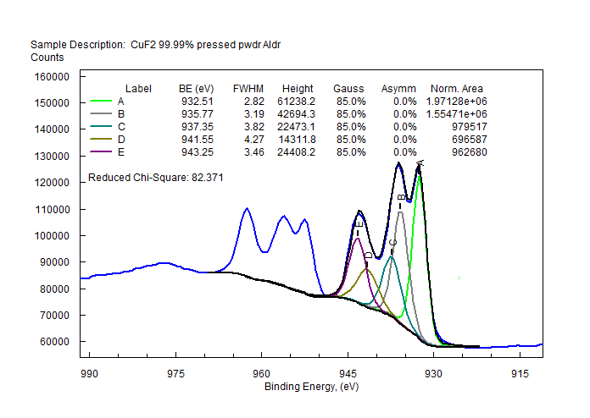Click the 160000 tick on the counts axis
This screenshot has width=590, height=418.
[x=52, y=76]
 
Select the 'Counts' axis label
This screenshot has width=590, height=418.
[x=47, y=58]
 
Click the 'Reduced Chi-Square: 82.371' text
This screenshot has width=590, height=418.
[x=155, y=179]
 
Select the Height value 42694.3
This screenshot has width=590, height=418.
[x=298, y=114]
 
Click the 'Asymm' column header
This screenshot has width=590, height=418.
[x=399, y=89]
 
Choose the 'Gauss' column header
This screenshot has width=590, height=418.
[x=348, y=89]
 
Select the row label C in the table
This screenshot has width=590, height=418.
[x=121, y=127]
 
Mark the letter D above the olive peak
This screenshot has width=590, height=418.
[x=367, y=255]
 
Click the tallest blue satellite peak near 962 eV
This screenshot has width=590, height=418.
[x=247, y=208]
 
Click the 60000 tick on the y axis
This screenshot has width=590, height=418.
[x=54, y=342]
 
